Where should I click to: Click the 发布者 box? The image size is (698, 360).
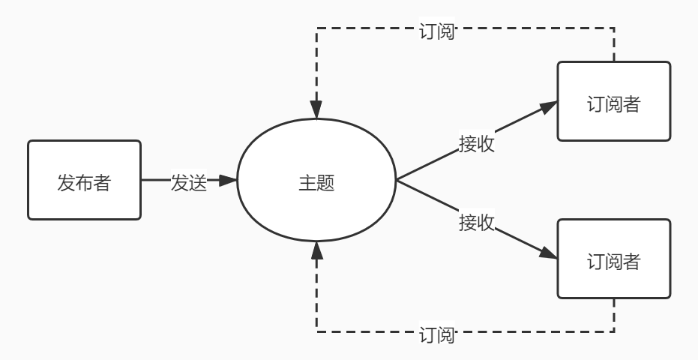(x=84, y=180)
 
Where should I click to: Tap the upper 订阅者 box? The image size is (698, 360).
(x=613, y=101)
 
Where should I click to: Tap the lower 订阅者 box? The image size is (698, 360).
(x=613, y=259)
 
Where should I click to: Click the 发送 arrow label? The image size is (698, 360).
(x=188, y=182)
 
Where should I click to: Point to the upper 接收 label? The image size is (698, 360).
(x=477, y=143)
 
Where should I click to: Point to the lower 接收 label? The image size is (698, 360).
(x=477, y=221)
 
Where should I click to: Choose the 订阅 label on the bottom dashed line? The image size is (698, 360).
(x=436, y=334)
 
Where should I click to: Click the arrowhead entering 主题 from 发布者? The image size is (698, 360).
(x=229, y=180)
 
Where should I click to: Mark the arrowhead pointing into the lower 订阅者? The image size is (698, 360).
(x=550, y=254)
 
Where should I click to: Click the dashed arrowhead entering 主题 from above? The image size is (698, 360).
(x=317, y=112)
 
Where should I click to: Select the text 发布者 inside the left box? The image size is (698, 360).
(x=84, y=182)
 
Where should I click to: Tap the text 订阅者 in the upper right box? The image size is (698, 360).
(x=613, y=103)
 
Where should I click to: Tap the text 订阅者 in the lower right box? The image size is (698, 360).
(x=613, y=261)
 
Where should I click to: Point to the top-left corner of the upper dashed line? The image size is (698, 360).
(x=317, y=28)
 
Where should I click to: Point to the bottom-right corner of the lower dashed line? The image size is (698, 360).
(x=614, y=331)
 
